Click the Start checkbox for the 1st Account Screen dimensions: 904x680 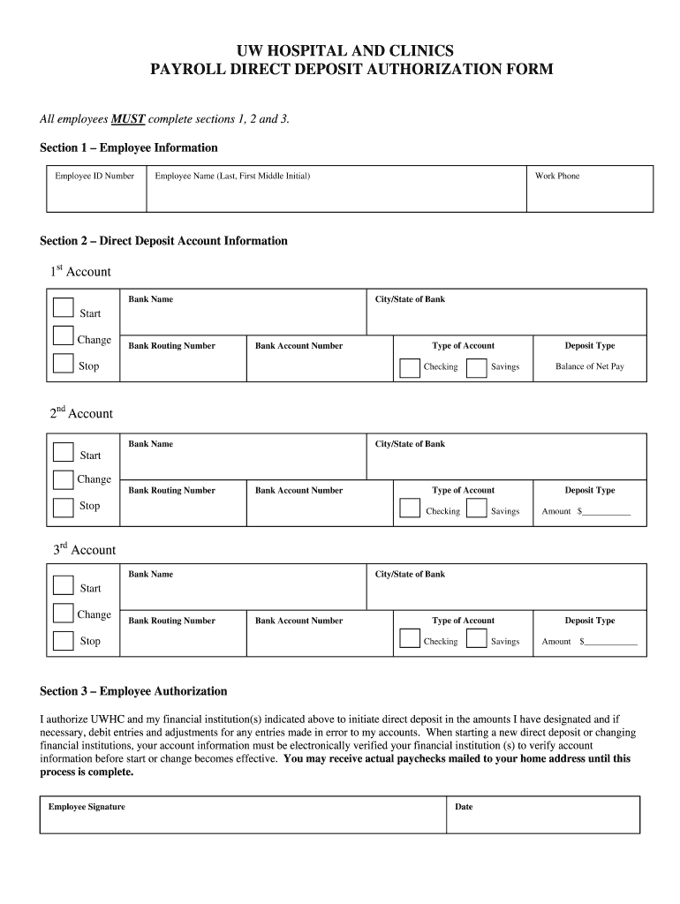click(x=64, y=307)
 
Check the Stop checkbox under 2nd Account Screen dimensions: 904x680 click(x=64, y=507)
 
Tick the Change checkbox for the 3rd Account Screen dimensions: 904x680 click(x=64, y=614)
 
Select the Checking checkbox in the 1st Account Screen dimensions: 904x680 click(x=410, y=367)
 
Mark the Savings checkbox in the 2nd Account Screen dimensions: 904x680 click(x=477, y=509)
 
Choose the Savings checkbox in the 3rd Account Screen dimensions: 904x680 click(x=477, y=639)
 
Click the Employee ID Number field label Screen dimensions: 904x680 click(x=94, y=177)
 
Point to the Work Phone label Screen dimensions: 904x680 click(x=557, y=177)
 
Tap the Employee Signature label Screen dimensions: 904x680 click(x=87, y=807)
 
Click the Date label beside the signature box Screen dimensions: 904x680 click(x=464, y=807)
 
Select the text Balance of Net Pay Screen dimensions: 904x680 click(x=589, y=366)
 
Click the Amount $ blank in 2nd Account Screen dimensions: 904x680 click(x=605, y=512)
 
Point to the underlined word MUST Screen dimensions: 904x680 click(x=128, y=119)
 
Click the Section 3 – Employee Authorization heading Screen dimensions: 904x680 click(x=133, y=691)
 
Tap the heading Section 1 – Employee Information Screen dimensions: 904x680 click(x=129, y=147)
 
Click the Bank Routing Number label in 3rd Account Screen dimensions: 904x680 click(x=171, y=621)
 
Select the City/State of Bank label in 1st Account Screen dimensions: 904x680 click(x=410, y=299)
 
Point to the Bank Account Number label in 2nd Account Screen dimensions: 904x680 click(x=298, y=491)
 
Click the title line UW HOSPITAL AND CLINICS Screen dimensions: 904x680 click(x=340, y=50)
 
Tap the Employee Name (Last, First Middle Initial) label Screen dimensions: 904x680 click(x=232, y=177)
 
